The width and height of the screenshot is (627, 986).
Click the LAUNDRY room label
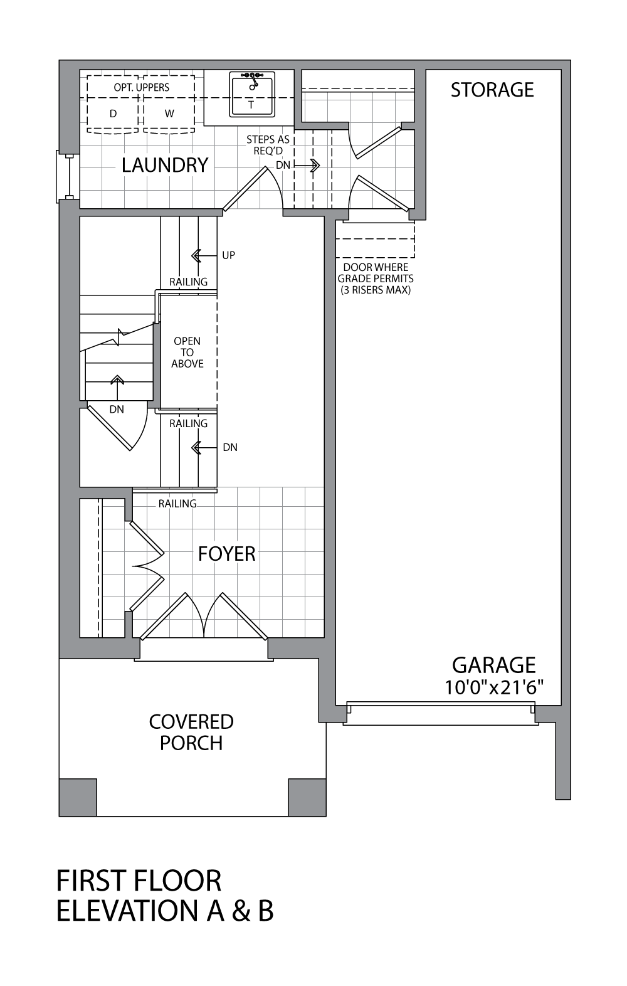pos(165,165)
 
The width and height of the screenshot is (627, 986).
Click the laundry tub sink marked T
pos(251,95)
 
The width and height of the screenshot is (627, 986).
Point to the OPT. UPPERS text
pos(141,87)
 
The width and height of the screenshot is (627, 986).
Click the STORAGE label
pos(492,90)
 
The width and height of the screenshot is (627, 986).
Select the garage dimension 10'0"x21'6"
pos(494,687)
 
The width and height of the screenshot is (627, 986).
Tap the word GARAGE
pos(494,665)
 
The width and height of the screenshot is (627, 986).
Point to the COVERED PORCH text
pos(191,732)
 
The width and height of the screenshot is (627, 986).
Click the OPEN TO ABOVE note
pos(187,352)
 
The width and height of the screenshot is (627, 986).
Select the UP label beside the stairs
pos(228,255)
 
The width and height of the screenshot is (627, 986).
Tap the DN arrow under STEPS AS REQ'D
pos(310,166)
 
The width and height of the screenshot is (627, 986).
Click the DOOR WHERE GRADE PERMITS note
pos(376,278)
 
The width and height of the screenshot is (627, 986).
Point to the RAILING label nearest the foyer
pos(177,504)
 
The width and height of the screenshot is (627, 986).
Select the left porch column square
pos(78,797)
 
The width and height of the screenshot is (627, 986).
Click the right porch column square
pos(307,797)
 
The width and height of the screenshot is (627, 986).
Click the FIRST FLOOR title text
pos(139,881)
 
